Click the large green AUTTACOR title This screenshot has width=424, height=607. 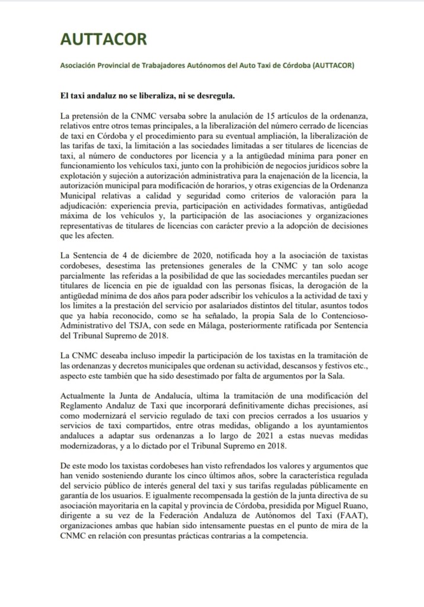103,40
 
